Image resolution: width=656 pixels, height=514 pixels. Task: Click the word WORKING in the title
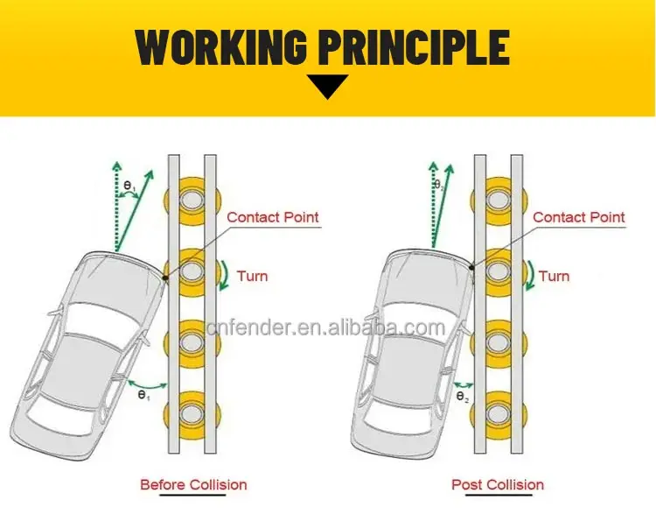click(222, 47)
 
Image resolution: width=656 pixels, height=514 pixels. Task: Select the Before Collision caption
click(194, 484)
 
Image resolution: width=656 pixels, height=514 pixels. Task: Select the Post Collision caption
click(498, 484)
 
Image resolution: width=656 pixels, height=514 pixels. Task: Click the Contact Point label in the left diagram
click(273, 217)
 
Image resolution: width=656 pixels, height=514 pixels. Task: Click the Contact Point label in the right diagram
click(579, 217)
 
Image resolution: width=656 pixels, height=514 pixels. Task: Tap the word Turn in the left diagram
click(252, 276)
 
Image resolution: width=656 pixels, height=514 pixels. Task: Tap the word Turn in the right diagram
click(554, 276)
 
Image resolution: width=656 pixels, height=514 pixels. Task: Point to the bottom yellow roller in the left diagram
click(192, 412)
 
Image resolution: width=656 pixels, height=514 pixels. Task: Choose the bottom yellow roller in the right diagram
click(498, 412)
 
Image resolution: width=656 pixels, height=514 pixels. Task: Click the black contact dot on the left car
click(165, 278)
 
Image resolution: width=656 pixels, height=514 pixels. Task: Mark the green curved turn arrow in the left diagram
click(224, 273)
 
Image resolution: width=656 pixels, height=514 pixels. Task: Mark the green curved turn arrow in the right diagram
click(529, 273)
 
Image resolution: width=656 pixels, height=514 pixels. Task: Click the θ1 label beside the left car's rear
click(143, 397)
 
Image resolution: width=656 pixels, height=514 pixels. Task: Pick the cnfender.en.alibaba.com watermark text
click(328, 328)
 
